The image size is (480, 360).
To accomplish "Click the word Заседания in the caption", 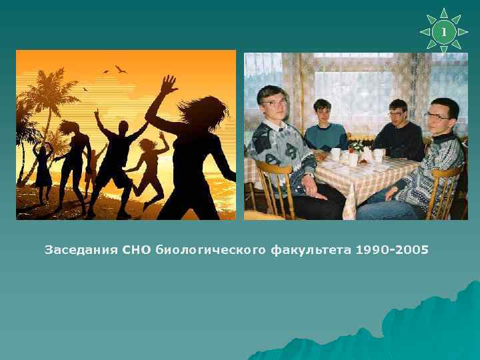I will pyautogui.click(x=81, y=250).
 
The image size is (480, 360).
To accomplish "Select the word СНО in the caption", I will pyautogui.click(x=137, y=250).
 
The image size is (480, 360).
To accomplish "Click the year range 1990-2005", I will pyautogui.click(x=393, y=250).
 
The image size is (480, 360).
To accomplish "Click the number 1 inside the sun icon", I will pyautogui.click(x=444, y=31).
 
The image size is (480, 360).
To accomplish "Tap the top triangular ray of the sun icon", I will pyautogui.click(x=444, y=14).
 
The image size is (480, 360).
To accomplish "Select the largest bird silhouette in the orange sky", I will pyautogui.click(x=121, y=69).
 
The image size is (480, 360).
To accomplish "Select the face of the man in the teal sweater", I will pyautogui.click(x=323, y=113).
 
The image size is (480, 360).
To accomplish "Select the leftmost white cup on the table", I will pyautogui.click(x=337, y=153).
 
